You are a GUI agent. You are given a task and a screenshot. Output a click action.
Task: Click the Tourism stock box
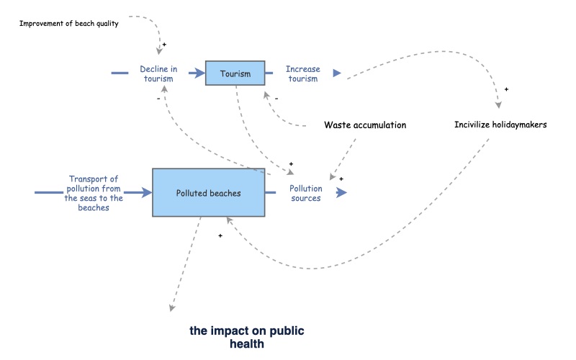click(x=235, y=73)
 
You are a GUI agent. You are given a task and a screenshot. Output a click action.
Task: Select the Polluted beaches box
click(x=208, y=192)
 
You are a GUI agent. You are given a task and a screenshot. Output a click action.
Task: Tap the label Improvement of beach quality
click(x=68, y=24)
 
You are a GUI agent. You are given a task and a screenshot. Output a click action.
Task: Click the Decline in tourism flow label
click(x=158, y=73)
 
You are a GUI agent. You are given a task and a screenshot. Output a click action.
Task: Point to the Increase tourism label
click(x=302, y=73)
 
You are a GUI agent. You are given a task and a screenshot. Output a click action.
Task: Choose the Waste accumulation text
click(x=365, y=125)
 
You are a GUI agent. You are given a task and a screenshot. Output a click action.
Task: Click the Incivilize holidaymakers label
click(x=500, y=125)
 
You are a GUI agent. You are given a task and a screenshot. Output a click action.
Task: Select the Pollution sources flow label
click(x=305, y=193)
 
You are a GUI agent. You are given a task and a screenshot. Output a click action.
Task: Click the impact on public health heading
click(x=247, y=337)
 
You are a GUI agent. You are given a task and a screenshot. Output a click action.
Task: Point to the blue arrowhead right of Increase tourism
click(x=336, y=73)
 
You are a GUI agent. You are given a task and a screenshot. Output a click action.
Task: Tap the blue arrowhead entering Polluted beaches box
click(x=147, y=192)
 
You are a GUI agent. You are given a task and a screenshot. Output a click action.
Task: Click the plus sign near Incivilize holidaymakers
click(x=506, y=90)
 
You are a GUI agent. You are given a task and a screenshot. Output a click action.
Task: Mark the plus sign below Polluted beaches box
click(x=220, y=235)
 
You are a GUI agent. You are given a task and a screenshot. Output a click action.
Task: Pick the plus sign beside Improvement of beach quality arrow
click(x=164, y=45)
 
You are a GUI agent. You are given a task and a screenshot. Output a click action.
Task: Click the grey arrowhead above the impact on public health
click(x=172, y=308)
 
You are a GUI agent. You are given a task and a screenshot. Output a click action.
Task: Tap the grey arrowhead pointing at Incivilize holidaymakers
click(x=498, y=106)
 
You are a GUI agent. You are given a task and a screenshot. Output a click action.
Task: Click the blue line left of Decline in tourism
click(x=120, y=73)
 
